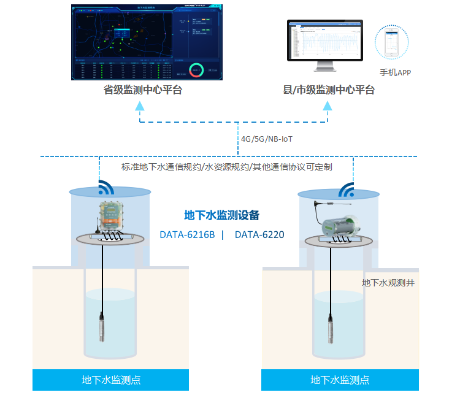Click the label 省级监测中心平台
coord(142,90)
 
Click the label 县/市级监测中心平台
coord(328,90)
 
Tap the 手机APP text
coord(395,72)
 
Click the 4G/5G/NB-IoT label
coord(267,139)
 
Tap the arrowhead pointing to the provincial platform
coord(140,106)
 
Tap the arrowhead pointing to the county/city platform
coord(329,106)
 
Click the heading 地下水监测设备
coord(222,215)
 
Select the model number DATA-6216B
coord(187,234)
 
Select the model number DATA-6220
coord(259,234)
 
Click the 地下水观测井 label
coord(388,283)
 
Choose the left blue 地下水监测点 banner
coord(111,380)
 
